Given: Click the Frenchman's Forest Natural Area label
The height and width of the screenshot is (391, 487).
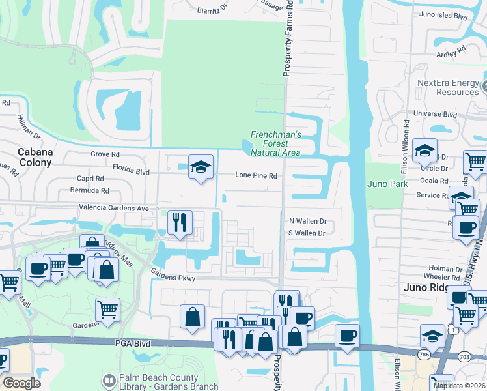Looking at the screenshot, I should tap(276, 143).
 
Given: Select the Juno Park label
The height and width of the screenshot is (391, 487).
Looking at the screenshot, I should tap(387, 184).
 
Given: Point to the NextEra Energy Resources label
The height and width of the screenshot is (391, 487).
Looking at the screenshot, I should tap(448, 88).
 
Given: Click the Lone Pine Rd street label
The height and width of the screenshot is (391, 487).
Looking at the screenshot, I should tap(256, 175).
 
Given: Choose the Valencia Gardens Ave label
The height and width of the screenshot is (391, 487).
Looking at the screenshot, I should tap(114, 208).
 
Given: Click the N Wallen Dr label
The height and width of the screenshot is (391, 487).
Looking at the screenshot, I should tap(307, 222).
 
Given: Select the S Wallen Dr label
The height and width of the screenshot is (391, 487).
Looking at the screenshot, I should tap(307, 233).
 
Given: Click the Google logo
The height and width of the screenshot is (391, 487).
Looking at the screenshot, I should tap(21, 383).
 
